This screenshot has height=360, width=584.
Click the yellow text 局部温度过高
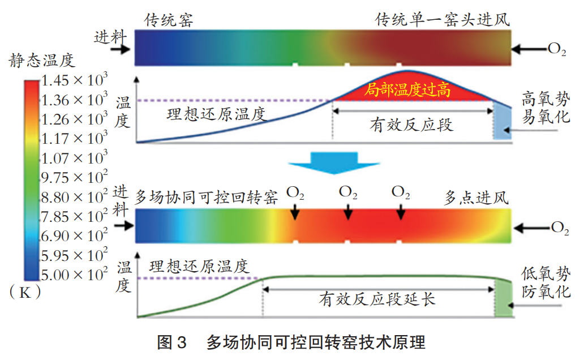407,89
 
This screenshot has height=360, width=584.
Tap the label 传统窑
169,21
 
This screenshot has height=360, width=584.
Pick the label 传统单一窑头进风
443,21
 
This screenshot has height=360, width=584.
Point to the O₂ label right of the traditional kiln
557,49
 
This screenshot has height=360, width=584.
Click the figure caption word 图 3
171,342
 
